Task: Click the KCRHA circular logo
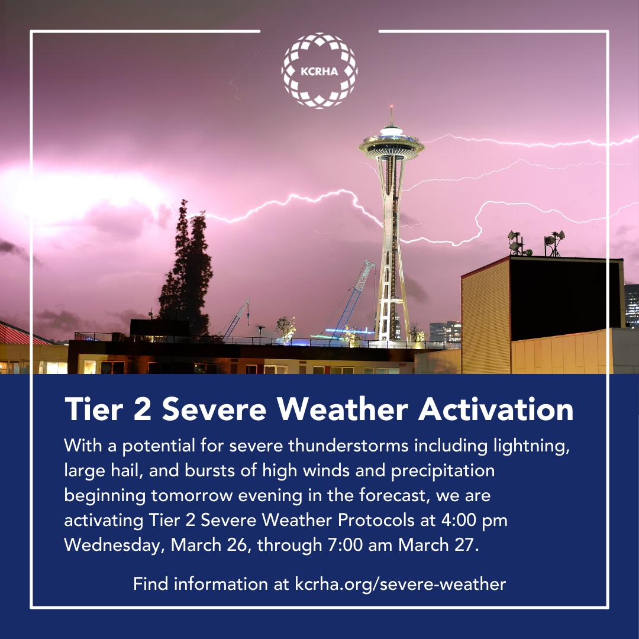point(319,71)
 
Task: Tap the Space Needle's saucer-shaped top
point(392,145)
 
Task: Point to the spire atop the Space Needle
point(392,115)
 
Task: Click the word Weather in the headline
point(343,409)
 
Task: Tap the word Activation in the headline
point(496,409)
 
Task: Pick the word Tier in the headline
point(93,409)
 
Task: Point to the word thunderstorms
point(348,446)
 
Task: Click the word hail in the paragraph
point(127,471)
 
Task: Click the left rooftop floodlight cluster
point(518,243)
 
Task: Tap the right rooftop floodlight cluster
point(554,243)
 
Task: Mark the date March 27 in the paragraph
point(436,545)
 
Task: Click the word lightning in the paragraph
point(531,446)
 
